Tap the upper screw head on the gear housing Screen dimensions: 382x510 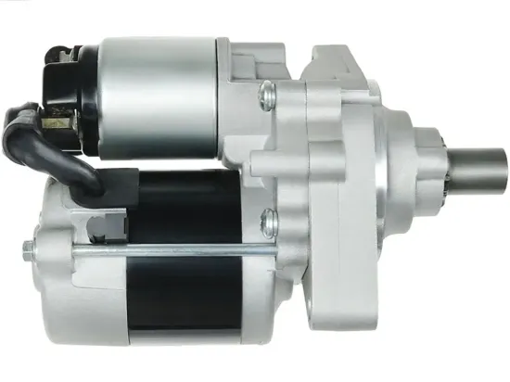pyautogui.click(x=268, y=90)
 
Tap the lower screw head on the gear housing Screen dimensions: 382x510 pyautogui.click(x=270, y=220)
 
